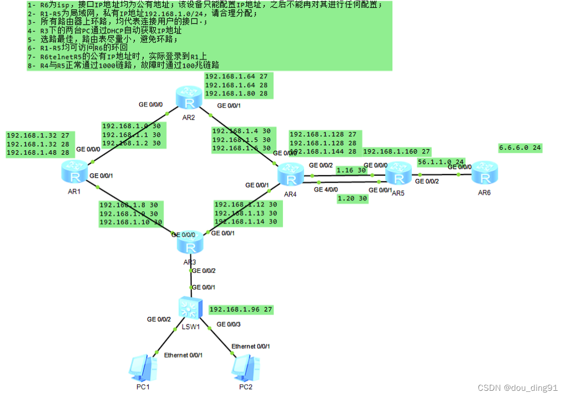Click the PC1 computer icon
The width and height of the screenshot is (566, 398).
coord(139,366)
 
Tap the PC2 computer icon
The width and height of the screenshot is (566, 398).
coord(244,366)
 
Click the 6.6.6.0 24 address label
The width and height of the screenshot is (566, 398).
coord(520,148)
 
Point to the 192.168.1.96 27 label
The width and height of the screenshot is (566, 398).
coord(240,309)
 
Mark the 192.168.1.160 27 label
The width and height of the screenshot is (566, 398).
coord(397,151)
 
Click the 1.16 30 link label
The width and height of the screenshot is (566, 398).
coord(351,171)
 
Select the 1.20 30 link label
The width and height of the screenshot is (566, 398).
coord(352,198)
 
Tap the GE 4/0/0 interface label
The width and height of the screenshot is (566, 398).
coord(326,190)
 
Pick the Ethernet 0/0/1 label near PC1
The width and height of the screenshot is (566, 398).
coord(183,355)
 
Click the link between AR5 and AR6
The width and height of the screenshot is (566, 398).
coord(438,175)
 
